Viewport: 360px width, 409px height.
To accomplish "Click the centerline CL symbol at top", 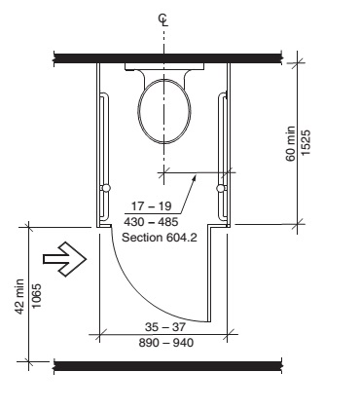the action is pyautogui.click(x=163, y=19).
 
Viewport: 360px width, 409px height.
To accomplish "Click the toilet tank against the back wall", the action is pyautogui.click(x=164, y=66).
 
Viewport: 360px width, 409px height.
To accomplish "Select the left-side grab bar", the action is pyautogui.click(x=104, y=156).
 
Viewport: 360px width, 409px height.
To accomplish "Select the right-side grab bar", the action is pyautogui.click(x=222, y=157).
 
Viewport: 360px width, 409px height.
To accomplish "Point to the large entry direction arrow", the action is pyautogui.click(x=65, y=259).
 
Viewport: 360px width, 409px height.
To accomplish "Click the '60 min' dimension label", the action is pyautogui.click(x=291, y=143).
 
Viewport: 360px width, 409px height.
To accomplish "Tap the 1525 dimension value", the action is pyautogui.click(x=306, y=143).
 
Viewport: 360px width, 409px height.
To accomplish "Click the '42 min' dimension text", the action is pyautogui.click(x=19, y=296).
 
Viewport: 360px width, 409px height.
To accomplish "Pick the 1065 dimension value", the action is pyautogui.click(x=37, y=296).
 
